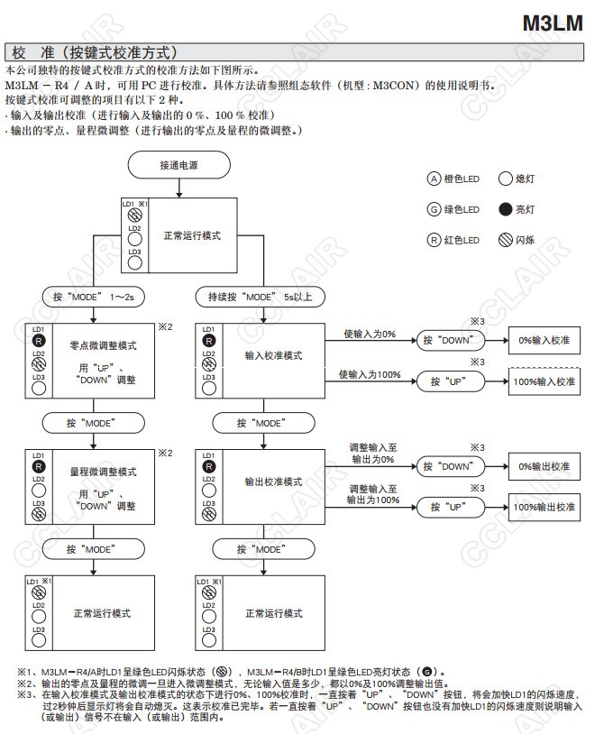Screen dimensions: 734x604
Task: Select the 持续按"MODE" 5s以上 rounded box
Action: click(261, 296)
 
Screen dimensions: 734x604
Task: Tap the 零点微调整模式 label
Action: click(102, 344)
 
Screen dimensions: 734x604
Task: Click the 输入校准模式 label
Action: click(274, 355)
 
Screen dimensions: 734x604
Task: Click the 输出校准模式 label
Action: click(274, 482)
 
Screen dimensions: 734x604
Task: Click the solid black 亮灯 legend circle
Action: click(505, 209)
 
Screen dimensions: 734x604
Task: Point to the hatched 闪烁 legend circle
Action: click(505, 240)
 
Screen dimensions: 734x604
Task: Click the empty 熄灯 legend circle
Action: click(505, 179)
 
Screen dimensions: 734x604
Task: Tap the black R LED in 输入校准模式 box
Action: click(209, 341)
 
